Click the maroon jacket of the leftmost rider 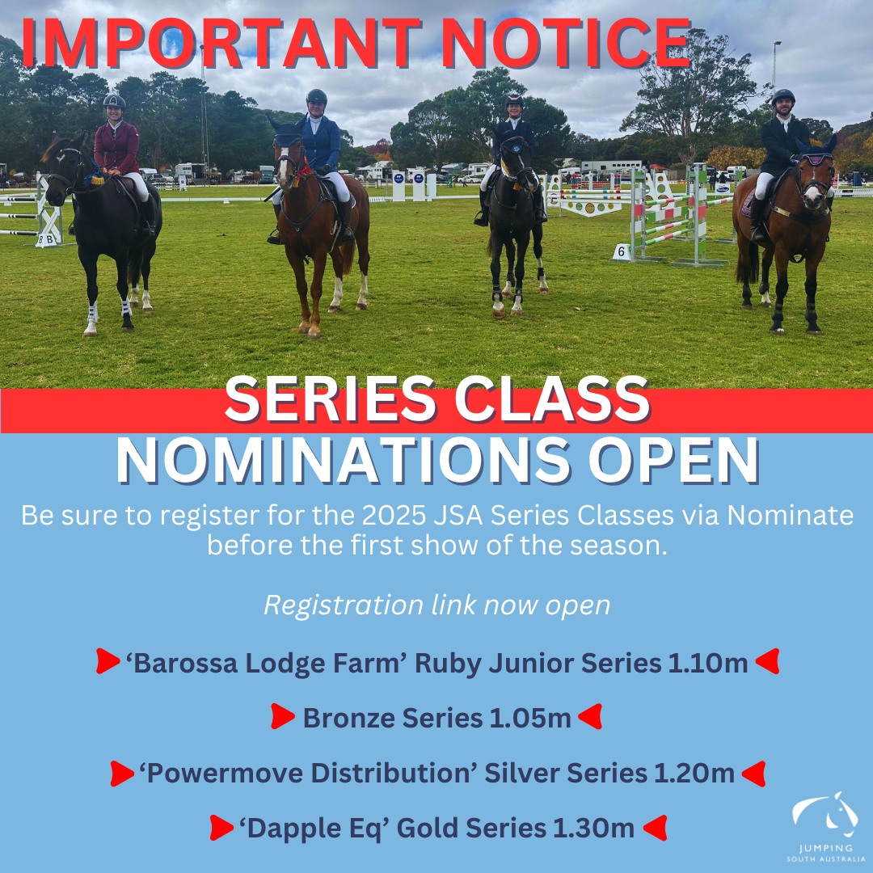tap(116, 147)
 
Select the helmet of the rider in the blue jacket tap(316, 97)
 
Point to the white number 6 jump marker tap(622, 252)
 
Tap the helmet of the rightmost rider tap(783, 97)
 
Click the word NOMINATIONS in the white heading tap(343, 460)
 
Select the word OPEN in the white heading tap(673, 460)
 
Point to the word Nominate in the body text tap(790, 515)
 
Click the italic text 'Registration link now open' tap(437, 605)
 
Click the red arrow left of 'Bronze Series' tap(283, 716)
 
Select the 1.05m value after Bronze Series tap(530, 718)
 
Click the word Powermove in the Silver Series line tap(225, 774)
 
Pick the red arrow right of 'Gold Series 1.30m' tap(656, 828)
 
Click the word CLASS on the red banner tap(552, 399)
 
